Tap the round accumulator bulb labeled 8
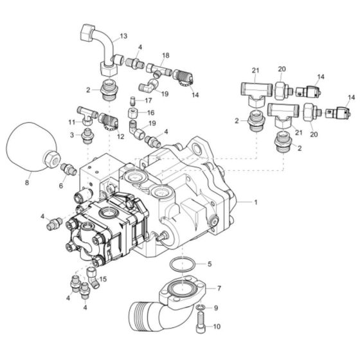coord(31,150)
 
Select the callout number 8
coord(26,183)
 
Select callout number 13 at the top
coord(123,37)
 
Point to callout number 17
coord(147,100)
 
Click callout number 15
coord(103,278)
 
